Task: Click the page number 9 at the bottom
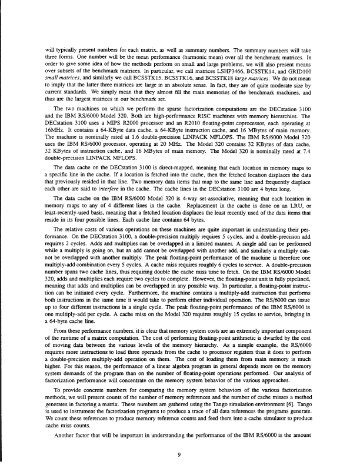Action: (180, 436)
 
